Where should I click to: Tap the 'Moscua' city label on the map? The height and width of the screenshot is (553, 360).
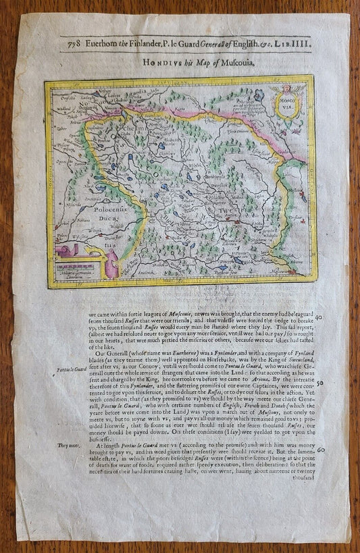(287, 270)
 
